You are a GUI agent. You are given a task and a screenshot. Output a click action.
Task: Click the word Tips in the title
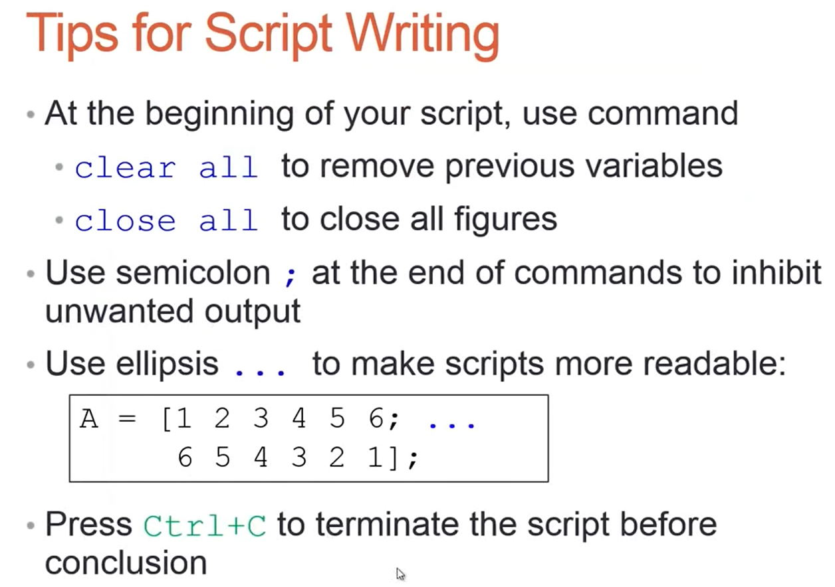72,35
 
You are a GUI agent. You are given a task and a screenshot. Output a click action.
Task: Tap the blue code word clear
125,167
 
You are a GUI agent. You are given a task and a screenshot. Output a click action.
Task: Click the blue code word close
125,220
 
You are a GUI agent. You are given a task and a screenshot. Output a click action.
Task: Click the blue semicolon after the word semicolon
291,277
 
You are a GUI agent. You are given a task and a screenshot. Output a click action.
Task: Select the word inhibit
777,272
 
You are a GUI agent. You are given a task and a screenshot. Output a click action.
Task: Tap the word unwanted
119,311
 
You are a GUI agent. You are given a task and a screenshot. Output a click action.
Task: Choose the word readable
715,363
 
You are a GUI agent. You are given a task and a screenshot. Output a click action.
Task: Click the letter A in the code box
88,419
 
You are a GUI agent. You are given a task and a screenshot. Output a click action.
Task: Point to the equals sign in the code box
128,419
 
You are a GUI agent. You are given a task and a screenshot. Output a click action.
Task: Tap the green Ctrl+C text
205,526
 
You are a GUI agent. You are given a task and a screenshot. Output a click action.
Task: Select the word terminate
388,524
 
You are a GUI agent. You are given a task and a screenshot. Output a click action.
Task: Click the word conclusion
126,562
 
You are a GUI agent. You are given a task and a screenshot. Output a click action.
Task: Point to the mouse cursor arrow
400,574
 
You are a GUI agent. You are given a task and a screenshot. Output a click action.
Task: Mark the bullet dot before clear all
59,167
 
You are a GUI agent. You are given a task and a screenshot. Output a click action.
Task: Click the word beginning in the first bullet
219,114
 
